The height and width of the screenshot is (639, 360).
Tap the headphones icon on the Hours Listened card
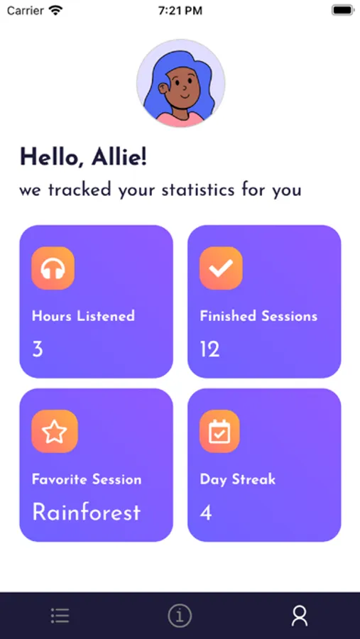[53, 268]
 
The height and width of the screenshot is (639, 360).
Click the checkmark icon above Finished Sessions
[221, 268]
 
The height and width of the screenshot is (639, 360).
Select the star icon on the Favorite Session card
[54, 431]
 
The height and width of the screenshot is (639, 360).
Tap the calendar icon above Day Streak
[219, 431]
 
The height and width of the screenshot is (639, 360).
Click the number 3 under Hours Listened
[38, 349]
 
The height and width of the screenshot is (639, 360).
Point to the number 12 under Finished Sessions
[209, 349]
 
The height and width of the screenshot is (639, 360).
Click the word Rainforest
[87, 512]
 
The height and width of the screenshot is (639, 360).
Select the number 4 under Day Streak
[206, 513]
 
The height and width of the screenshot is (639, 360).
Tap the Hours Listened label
[83, 316]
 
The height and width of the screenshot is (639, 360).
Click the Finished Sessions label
[258, 316]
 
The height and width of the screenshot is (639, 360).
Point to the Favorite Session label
[87, 479]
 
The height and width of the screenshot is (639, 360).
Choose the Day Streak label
[238, 480]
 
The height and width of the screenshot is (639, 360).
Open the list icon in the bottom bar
[60, 616]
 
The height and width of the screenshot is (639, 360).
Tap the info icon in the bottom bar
[180, 616]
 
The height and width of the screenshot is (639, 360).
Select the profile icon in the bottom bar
[300, 616]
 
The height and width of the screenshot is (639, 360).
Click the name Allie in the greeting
[119, 157]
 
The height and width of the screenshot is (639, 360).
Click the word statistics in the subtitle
[197, 190]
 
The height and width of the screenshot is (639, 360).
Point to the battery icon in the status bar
[342, 10]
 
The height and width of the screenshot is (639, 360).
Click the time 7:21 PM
[180, 11]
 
